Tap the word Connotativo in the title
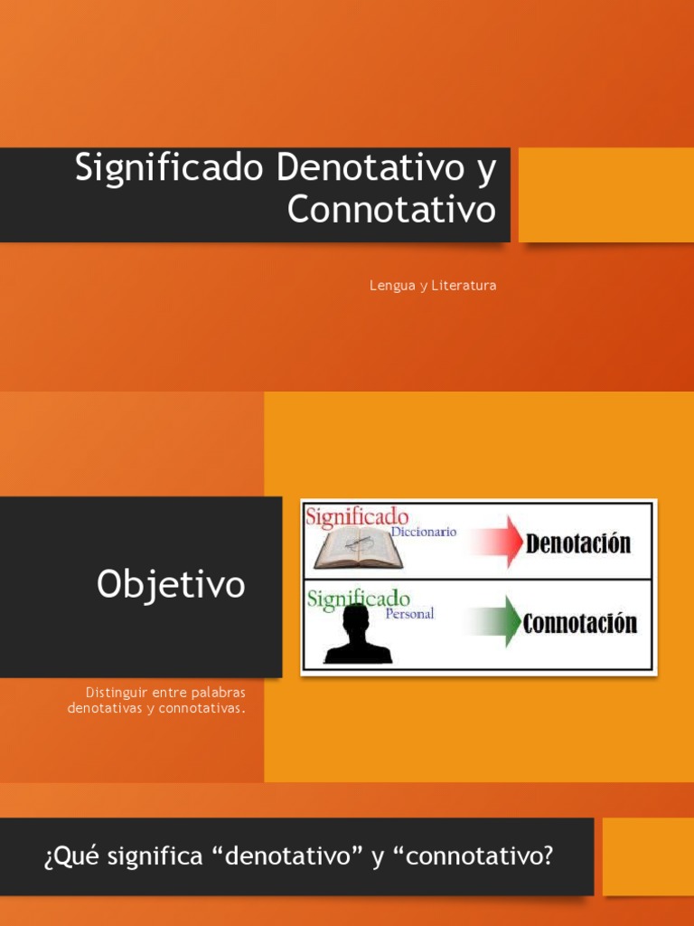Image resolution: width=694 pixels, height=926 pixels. [x=392, y=210]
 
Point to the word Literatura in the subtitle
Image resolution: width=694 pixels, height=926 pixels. [x=464, y=286]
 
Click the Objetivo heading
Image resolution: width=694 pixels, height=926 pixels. [x=171, y=585]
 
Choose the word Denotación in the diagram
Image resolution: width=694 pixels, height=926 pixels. [x=578, y=543]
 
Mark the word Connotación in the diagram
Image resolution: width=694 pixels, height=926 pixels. [x=580, y=623]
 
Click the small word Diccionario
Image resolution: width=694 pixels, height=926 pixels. [x=423, y=533]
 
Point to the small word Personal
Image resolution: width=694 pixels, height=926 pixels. [x=409, y=613]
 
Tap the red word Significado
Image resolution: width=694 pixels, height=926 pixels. [x=356, y=517]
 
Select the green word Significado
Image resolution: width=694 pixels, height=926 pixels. [x=358, y=599]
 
